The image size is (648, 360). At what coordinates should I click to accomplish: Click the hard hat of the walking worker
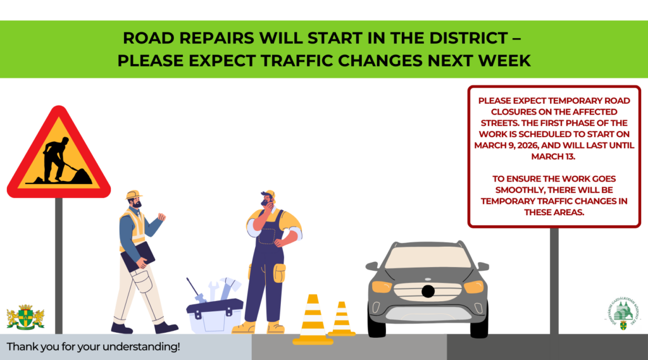click(133, 195)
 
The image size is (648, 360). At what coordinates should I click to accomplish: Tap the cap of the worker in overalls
click(269, 194)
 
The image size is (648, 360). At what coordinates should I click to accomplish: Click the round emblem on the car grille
click(428, 291)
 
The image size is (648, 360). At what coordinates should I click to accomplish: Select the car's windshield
click(428, 256)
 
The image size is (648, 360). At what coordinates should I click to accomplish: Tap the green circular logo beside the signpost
click(619, 314)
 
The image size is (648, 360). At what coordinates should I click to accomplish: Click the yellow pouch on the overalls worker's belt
click(279, 273)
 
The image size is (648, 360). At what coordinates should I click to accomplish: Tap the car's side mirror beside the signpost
click(482, 266)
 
